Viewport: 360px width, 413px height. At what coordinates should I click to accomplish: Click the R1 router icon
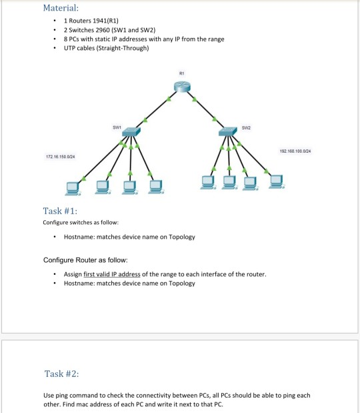click(181, 86)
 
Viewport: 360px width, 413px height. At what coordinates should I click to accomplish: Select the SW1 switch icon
click(130, 133)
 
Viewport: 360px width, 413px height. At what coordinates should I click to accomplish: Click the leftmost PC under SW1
click(73, 185)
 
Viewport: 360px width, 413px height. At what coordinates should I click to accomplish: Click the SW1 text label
click(116, 125)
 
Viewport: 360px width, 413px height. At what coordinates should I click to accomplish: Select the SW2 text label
click(246, 125)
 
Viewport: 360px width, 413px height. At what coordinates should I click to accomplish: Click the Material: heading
click(61, 9)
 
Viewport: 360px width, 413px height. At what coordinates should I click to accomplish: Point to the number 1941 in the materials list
click(93, 22)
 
